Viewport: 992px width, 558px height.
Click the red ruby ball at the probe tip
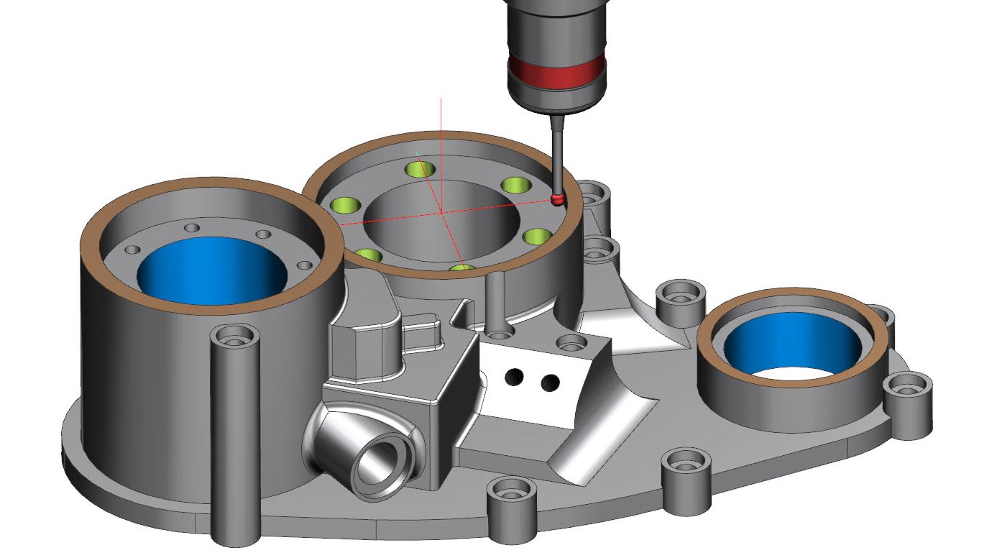click(x=556, y=199)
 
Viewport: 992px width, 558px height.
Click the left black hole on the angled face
click(x=514, y=377)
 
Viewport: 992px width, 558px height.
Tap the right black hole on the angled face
click(x=550, y=383)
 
